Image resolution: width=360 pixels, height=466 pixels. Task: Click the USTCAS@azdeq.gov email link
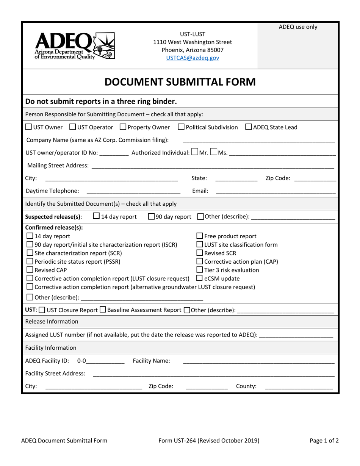[193, 58]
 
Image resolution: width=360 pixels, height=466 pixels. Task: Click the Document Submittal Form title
[180, 82]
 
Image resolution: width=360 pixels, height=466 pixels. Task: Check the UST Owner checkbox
[29, 127]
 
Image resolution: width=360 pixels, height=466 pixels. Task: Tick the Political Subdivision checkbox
[181, 127]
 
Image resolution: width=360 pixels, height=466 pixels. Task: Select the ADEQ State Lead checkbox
[249, 127]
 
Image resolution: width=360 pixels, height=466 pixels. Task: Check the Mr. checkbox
[195, 153]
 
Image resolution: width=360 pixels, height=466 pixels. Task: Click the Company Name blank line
[258, 141]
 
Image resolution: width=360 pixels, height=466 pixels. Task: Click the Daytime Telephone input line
[133, 192]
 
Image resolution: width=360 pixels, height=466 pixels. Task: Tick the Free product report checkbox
[200, 236]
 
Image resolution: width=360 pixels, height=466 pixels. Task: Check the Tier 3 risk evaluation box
[200, 270]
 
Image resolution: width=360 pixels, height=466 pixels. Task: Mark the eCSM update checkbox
[200, 278]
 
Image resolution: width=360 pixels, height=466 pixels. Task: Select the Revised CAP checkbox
[30, 270]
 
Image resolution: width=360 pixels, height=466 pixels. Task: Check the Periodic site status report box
[30, 261]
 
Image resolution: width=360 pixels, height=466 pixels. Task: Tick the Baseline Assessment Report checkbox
[103, 310]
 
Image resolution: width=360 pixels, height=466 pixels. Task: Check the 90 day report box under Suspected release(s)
[151, 217]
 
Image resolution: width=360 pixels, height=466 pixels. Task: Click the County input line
[299, 387]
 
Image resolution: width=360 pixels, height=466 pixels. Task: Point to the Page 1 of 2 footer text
[324, 441]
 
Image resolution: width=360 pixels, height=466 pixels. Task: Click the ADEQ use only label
[298, 27]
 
